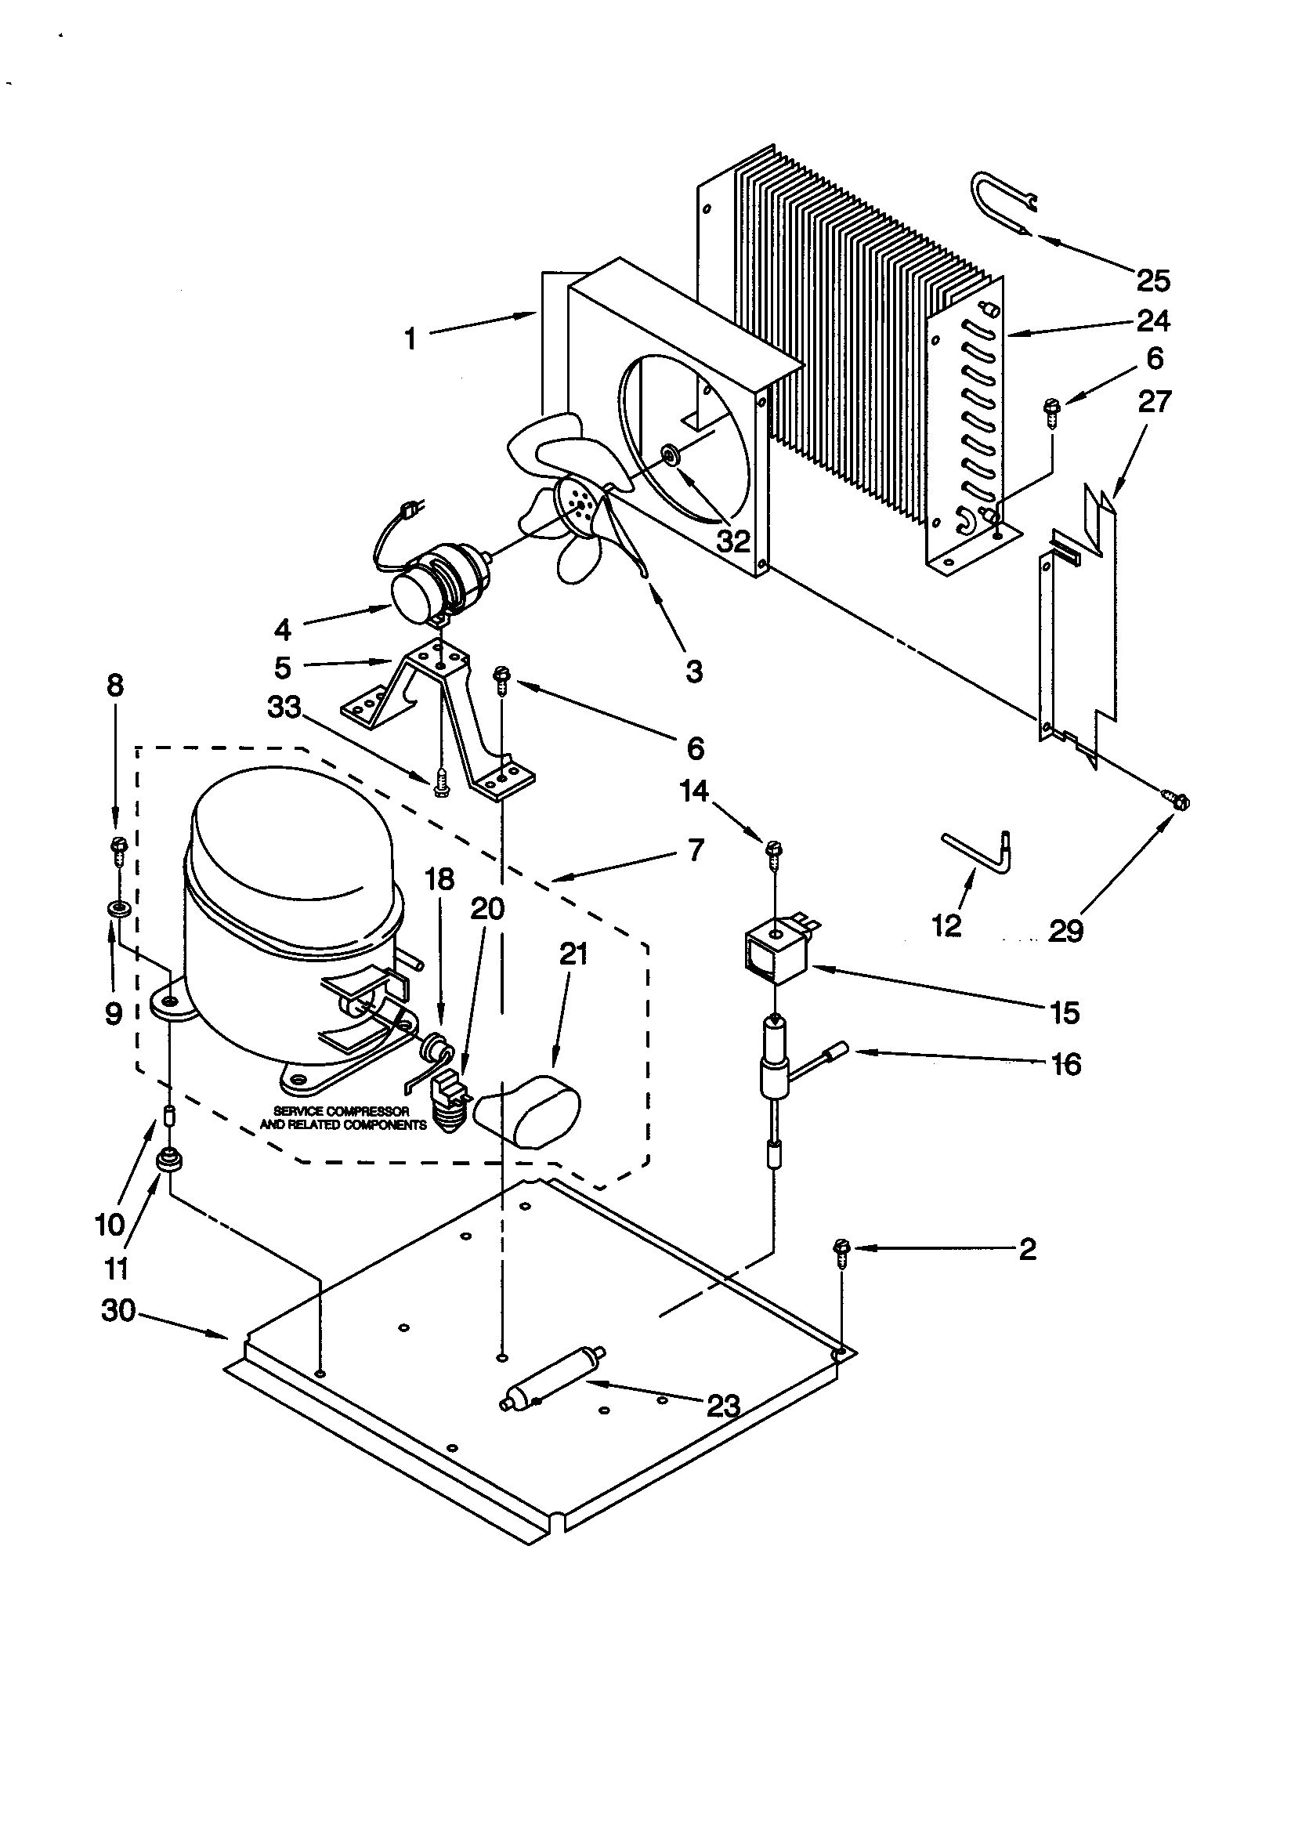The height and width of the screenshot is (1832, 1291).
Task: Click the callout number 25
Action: (x=1153, y=280)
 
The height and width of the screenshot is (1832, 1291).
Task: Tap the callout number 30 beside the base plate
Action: (x=119, y=1310)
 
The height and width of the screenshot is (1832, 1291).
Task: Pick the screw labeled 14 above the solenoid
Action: (x=774, y=851)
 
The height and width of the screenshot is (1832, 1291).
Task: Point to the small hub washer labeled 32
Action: (x=669, y=454)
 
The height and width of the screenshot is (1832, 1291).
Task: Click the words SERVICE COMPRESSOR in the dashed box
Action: (x=342, y=1110)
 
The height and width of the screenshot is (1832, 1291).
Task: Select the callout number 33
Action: (x=284, y=706)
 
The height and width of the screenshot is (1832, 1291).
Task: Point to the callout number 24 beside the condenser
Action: (x=1153, y=320)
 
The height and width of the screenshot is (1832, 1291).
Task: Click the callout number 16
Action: (x=1067, y=1063)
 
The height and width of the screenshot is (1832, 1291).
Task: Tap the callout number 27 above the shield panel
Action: (x=1154, y=400)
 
